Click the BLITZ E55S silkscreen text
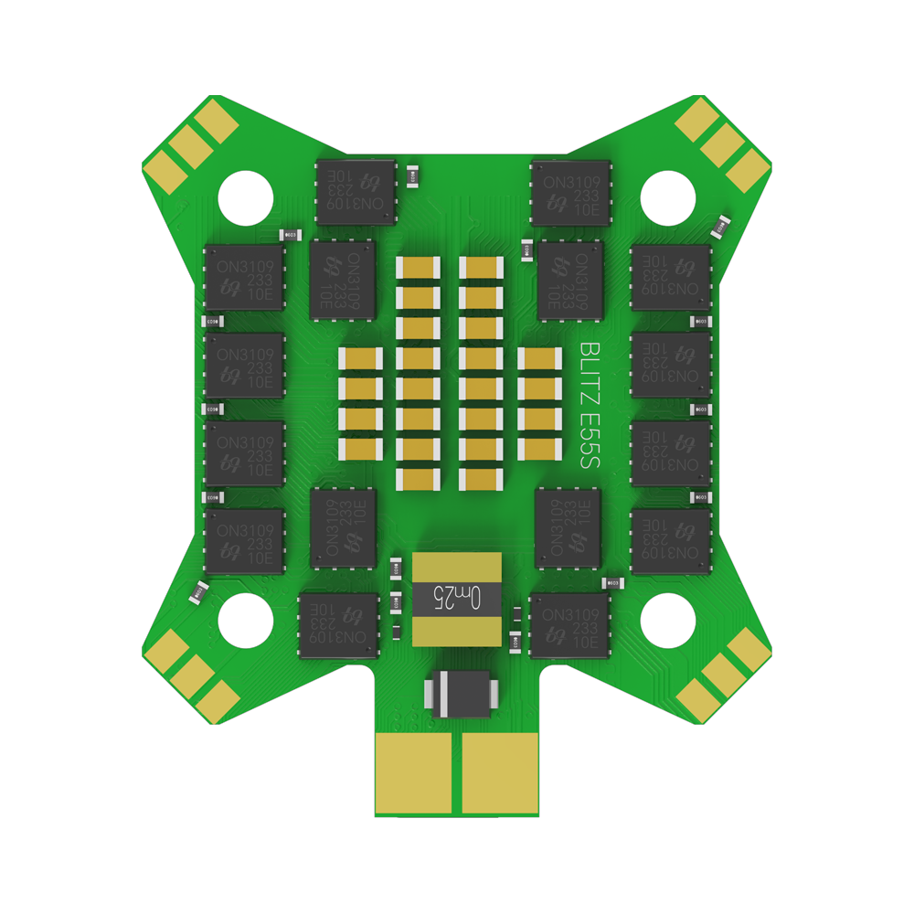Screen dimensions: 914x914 point(589,406)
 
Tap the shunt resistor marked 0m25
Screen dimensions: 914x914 point(457,599)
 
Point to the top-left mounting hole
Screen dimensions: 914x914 point(246,196)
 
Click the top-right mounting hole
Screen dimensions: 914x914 point(668,196)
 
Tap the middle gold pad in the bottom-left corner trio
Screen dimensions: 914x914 point(192,675)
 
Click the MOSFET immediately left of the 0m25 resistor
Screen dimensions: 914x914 point(338,625)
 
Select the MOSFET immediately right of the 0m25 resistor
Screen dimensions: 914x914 point(569,625)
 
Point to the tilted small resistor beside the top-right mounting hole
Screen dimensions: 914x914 point(721,224)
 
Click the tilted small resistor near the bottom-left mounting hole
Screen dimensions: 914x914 point(198,592)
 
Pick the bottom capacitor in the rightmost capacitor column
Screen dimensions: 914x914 point(539,449)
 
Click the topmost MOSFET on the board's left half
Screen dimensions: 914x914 point(356,192)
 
